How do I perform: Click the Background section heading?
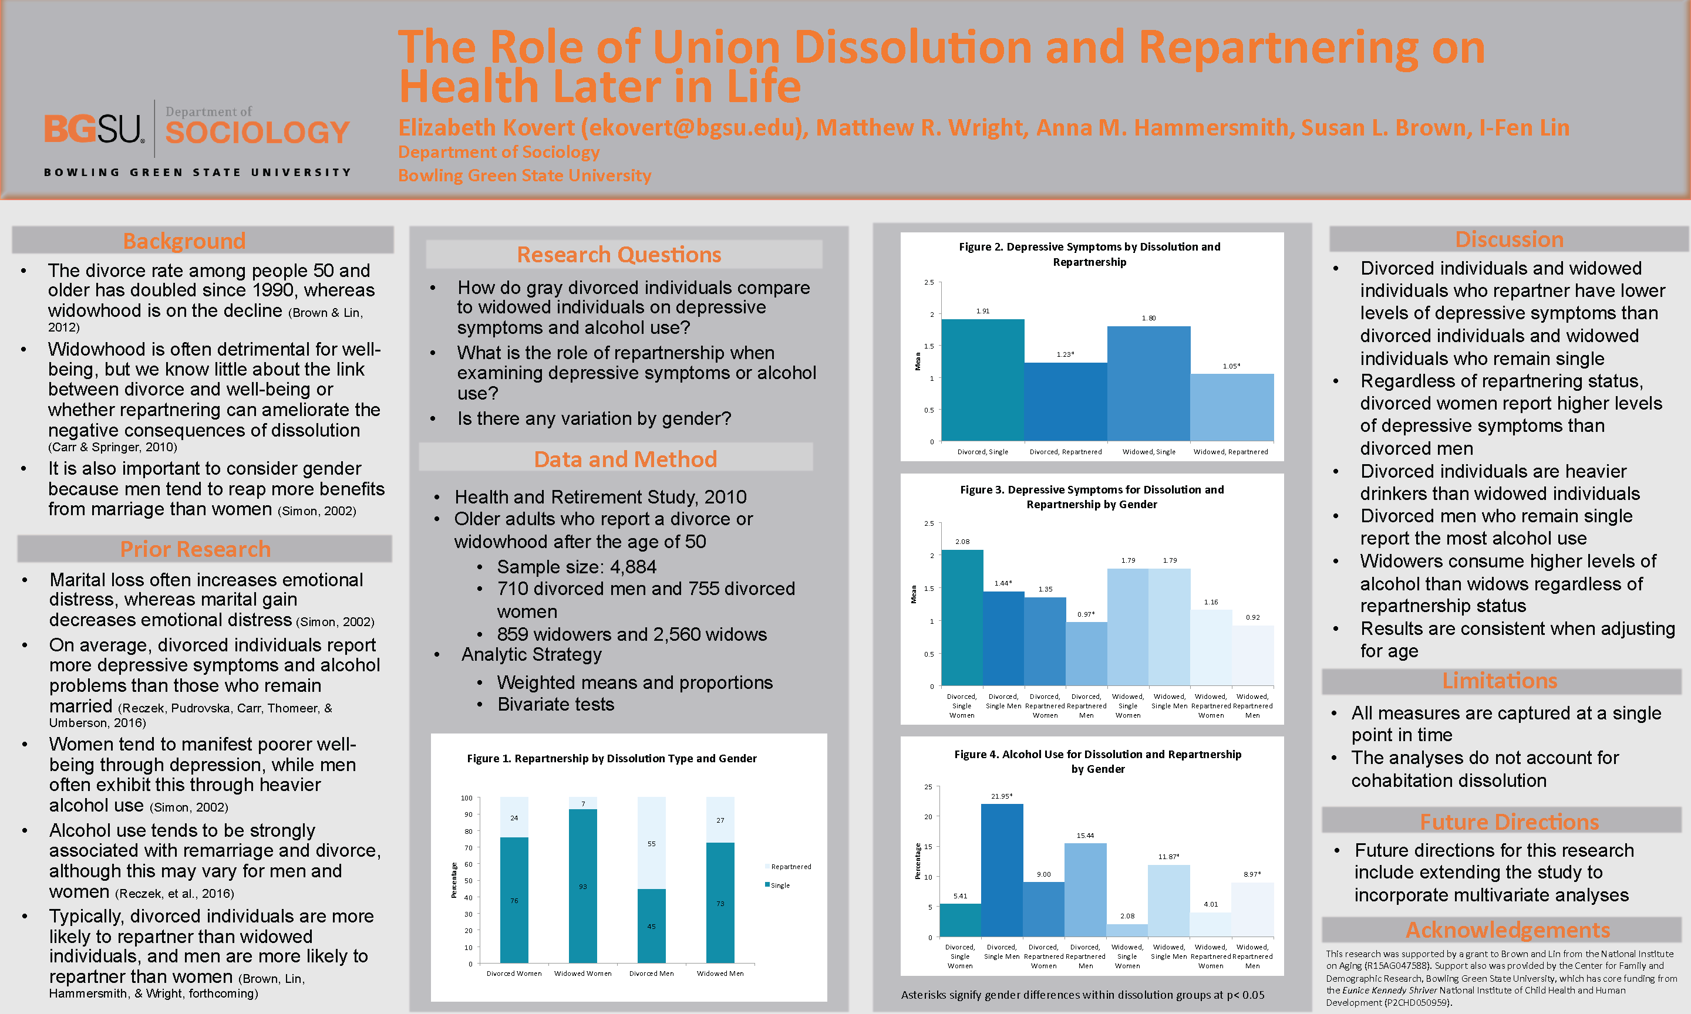point(184,241)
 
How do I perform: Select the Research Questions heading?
point(619,254)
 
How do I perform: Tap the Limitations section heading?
point(1500,681)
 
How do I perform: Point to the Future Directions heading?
point(1509,822)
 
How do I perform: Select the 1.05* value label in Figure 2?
point(1231,366)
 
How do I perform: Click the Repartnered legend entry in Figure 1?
point(790,866)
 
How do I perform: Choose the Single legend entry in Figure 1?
point(779,885)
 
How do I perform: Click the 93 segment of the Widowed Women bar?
point(582,885)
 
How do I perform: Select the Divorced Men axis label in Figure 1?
point(651,974)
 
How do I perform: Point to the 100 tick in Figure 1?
point(466,798)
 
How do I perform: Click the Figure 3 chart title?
point(1092,497)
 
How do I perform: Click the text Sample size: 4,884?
point(576,566)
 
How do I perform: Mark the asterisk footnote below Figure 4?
point(1082,995)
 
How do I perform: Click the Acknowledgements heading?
point(1507,930)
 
